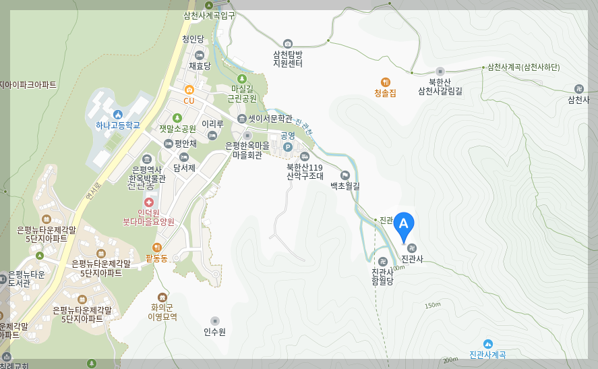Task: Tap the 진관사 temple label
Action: pos(412,258)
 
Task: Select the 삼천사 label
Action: pos(578,100)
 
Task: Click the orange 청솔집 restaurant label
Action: pos(385,92)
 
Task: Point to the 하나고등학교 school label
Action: pos(118,125)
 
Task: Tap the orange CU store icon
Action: pos(189,90)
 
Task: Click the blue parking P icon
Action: pos(288,147)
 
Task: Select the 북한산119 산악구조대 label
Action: pos(305,171)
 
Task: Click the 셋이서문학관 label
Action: pos(270,119)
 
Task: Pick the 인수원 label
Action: pos(214,331)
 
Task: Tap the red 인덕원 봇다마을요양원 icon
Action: pos(148,202)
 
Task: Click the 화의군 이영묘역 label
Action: pos(162,311)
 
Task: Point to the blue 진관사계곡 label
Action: pos(487,354)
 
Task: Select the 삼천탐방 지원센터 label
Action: pos(288,59)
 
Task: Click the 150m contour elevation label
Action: pos(433,306)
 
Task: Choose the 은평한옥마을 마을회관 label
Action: pos(247,150)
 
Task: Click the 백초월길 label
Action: pos(345,185)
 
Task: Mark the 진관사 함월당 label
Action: pos(382,277)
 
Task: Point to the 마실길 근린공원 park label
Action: pos(242,93)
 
